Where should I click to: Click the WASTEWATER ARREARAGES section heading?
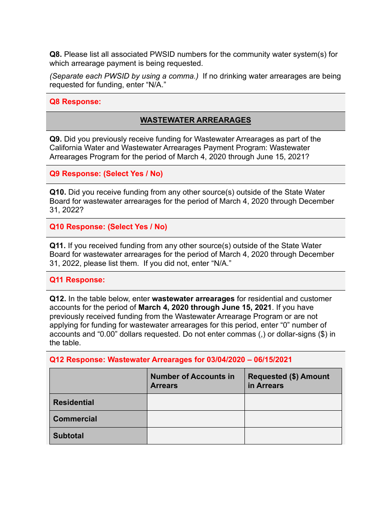195,120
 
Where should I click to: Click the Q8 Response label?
75,102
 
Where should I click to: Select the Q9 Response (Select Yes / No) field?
106,174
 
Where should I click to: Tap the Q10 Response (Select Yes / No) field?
108,227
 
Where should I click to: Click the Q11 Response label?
77,280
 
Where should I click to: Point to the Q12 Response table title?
171,360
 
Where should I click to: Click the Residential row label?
74,402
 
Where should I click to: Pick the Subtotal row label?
68,436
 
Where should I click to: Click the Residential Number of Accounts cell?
195,402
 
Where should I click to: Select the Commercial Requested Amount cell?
293,419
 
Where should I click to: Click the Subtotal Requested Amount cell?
293,436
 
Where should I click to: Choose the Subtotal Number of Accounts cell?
195,436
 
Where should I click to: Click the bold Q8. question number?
56,54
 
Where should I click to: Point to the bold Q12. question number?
58,299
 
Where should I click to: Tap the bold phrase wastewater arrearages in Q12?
193,299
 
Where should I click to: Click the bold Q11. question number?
58,246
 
